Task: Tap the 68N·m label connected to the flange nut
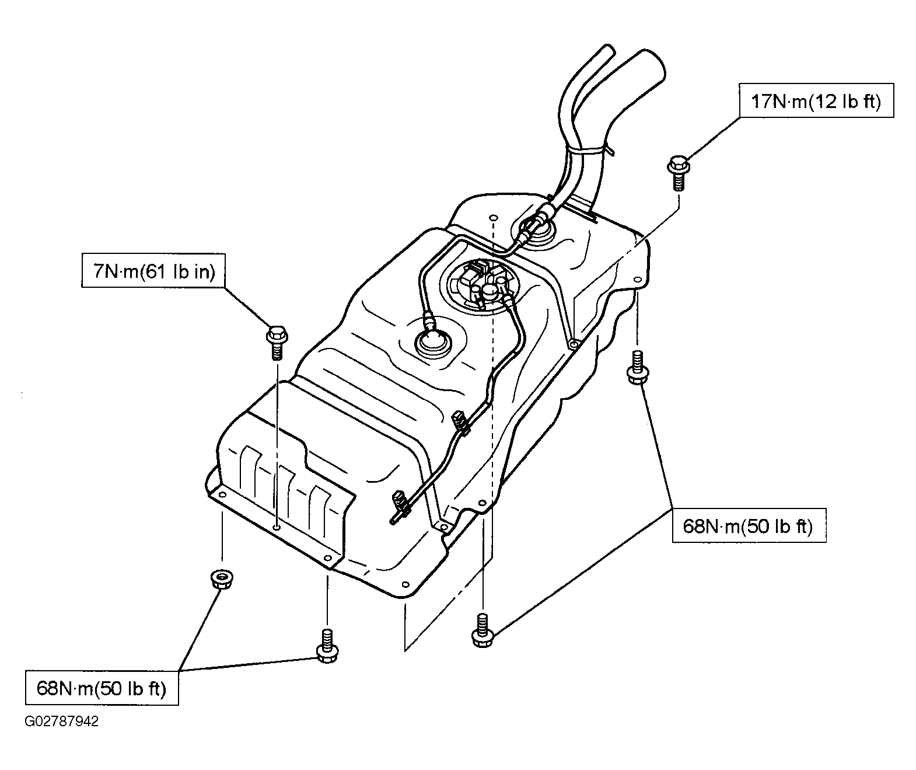pos(102,688)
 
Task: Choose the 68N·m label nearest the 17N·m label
pos(749,525)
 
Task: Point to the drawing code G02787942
pos(61,722)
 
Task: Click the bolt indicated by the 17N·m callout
pos(678,173)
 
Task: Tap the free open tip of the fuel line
pos(391,521)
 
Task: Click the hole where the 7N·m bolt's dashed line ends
pos(277,527)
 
